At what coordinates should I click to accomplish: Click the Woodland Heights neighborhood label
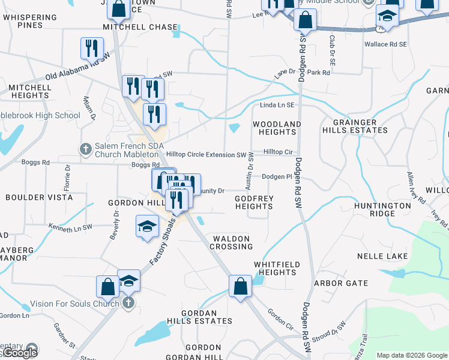276,128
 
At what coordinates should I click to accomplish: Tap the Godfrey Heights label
253,202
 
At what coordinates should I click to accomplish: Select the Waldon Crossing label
231,242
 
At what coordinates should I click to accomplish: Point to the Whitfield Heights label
276,268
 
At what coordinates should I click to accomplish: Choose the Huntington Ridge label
382,209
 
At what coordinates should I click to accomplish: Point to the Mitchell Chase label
140,27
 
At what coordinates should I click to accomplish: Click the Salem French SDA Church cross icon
85,148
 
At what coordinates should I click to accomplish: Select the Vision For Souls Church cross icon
127,304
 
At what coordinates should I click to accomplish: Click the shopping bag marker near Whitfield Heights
240,287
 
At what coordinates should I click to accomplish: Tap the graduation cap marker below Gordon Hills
147,227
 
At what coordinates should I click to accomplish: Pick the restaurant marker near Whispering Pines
92,48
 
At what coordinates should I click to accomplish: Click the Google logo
20,353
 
